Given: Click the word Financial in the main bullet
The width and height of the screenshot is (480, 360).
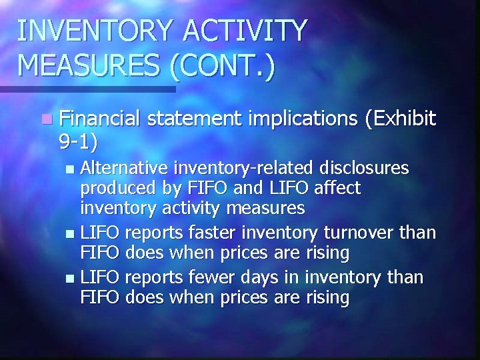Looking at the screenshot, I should (x=99, y=119).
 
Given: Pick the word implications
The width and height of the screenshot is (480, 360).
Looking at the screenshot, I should (x=303, y=119).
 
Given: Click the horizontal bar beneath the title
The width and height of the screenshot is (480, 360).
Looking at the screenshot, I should (x=87, y=89).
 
